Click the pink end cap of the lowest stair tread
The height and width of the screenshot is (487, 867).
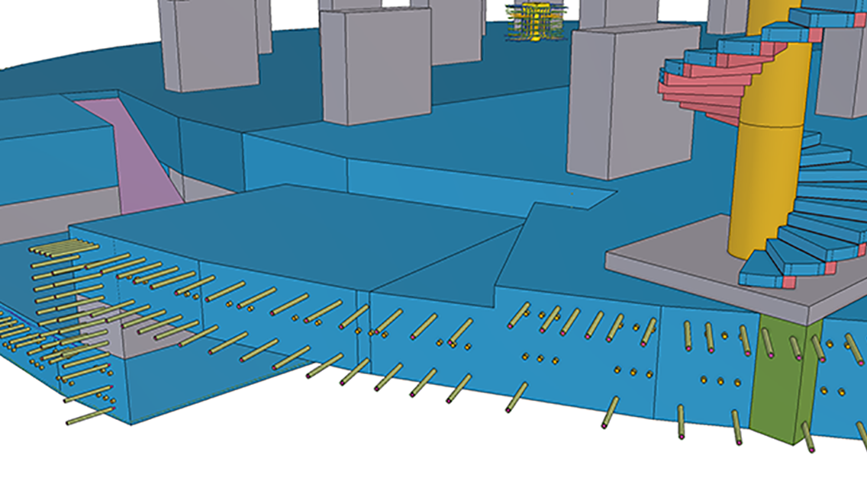(x=788, y=283)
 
